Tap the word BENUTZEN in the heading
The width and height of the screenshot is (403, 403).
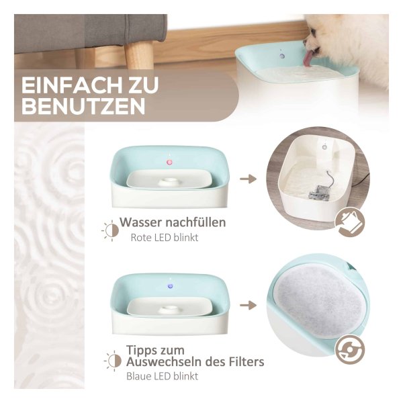(83, 105)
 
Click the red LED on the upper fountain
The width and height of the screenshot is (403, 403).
(169, 162)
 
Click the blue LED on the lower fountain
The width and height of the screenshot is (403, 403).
(170, 286)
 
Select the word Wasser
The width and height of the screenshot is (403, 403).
(137, 222)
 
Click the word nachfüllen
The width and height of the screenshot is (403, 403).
(191, 222)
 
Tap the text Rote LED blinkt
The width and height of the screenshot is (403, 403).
(165, 238)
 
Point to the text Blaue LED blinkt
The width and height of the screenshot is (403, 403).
(162, 376)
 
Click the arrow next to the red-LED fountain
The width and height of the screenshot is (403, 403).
(249, 179)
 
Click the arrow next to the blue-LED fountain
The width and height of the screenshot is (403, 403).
(249, 306)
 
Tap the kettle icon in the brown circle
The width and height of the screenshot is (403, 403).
(350, 222)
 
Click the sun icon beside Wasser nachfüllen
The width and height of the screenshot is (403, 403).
(111, 230)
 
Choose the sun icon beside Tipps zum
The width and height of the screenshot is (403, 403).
(113, 361)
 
